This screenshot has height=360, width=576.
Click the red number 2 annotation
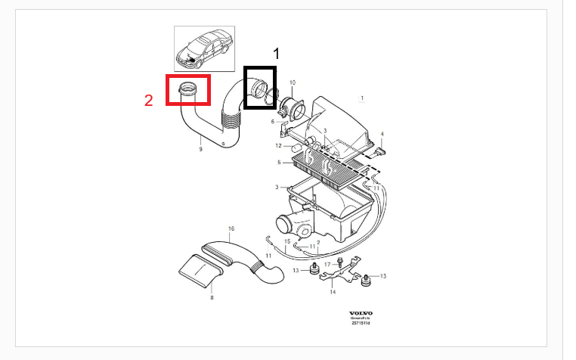149,98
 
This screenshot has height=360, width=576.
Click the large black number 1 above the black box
276,53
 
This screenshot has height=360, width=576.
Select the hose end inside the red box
188,91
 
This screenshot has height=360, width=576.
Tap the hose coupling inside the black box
260,88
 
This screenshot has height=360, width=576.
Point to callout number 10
292,81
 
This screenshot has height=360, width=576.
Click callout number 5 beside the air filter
279,162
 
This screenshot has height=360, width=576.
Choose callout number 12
277,145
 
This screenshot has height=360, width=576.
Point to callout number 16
231,228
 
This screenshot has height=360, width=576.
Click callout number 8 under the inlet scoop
212,298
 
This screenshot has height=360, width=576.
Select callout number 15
287,241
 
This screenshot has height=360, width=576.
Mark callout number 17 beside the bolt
327,263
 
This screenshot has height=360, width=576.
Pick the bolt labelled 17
342,262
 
